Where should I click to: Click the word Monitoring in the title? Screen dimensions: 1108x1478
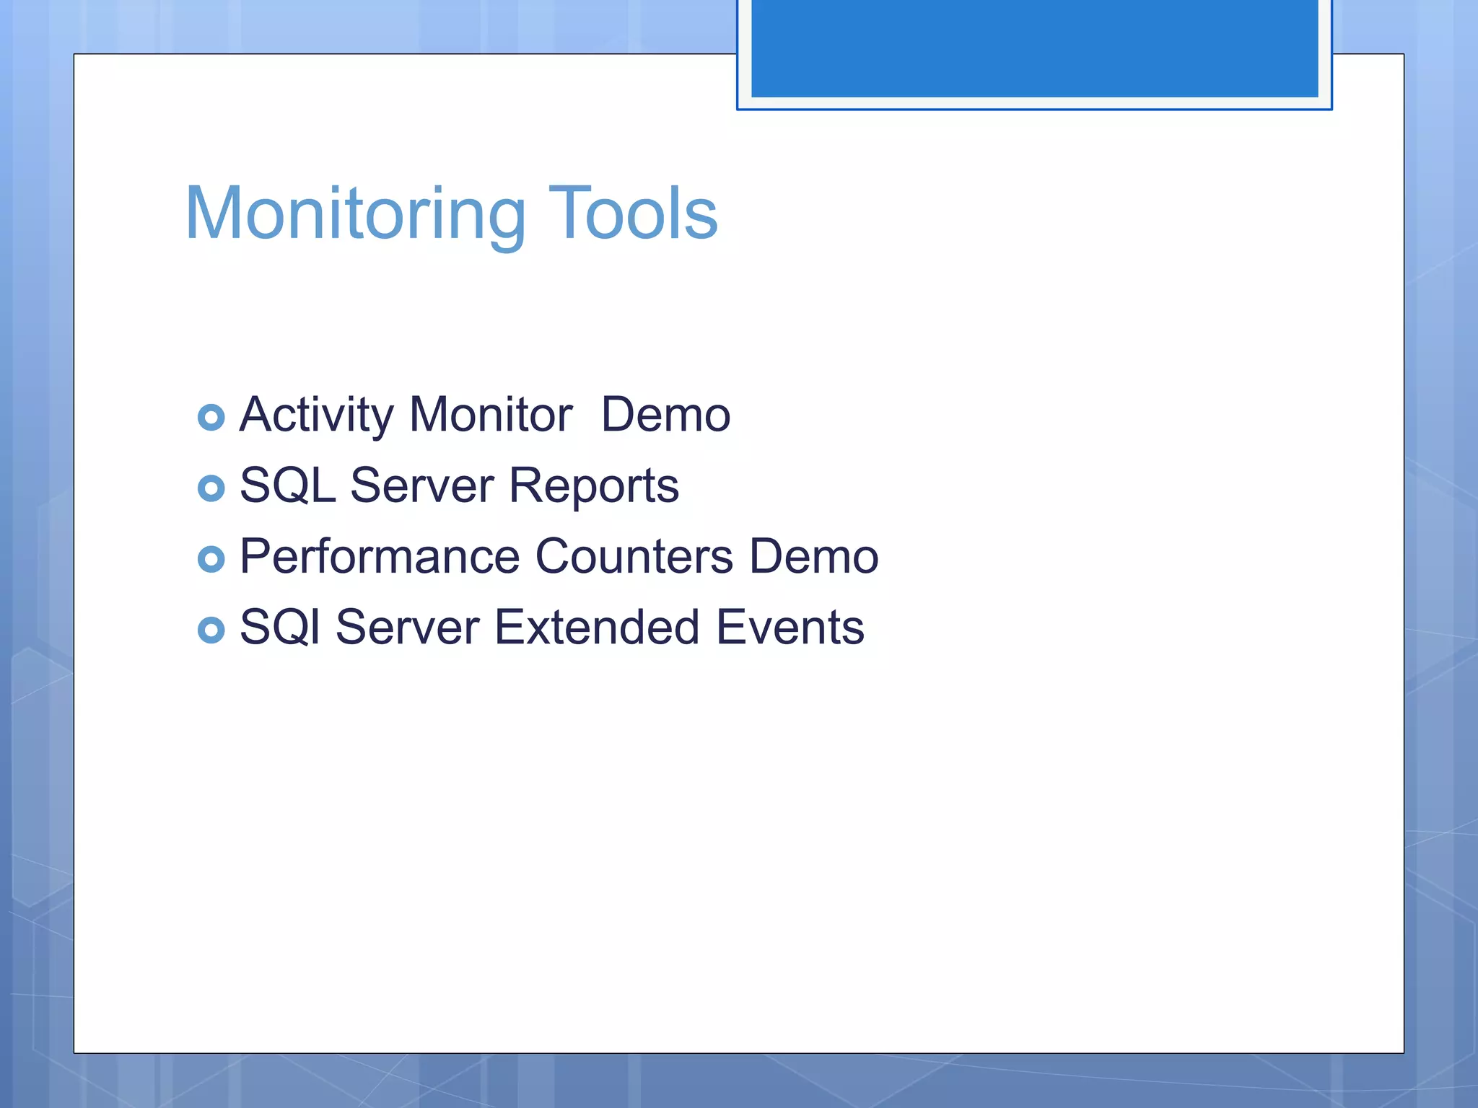[x=355, y=214]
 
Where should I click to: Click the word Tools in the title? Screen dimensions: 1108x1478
[x=633, y=214]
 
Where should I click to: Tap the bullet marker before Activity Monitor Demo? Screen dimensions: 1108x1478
[x=211, y=418]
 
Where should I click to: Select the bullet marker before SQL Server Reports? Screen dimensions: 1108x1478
[x=211, y=488]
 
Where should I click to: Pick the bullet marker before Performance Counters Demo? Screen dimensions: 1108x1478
[x=211, y=559]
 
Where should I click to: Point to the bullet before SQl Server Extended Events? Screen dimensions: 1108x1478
[x=211, y=630]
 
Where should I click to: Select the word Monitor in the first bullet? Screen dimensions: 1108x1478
[x=491, y=415]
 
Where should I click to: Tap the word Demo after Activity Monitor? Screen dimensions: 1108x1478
[x=665, y=415]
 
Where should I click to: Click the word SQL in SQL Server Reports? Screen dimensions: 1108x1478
[x=287, y=485]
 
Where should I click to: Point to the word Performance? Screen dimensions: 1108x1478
[x=380, y=556]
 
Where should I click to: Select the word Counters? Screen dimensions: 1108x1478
[x=634, y=556]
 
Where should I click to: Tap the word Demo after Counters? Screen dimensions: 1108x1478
[x=814, y=556]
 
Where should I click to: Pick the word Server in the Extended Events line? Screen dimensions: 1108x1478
[x=407, y=627]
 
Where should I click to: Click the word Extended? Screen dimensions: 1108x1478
[x=597, y=627]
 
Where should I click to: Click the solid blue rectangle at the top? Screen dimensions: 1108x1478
[x=1034, y=48]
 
